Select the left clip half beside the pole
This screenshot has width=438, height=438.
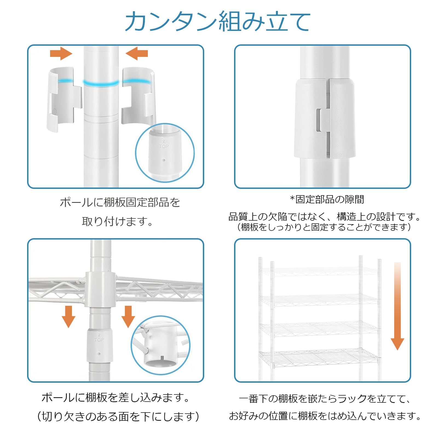64,99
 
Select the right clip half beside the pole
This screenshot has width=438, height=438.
139,96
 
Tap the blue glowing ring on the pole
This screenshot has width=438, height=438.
101,83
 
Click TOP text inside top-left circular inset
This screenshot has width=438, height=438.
163,146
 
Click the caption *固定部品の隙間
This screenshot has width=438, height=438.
327,199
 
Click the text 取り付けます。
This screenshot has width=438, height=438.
118,221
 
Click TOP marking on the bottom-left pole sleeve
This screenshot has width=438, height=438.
99,340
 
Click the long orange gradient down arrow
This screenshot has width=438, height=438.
397,307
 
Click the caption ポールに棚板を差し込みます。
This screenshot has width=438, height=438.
116,397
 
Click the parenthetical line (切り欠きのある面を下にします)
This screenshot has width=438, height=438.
118,417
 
